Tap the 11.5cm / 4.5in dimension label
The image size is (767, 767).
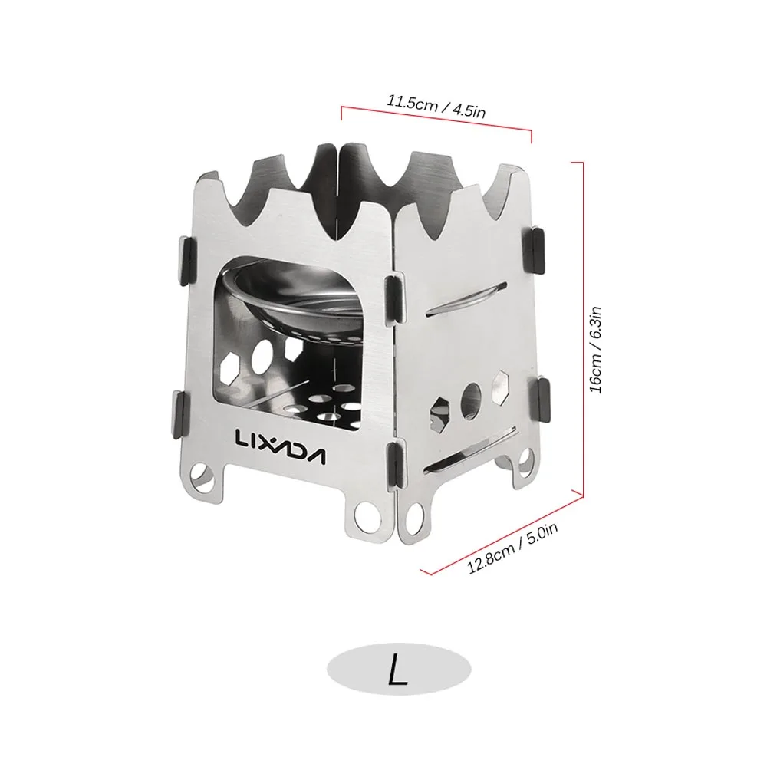(x=436, y=107)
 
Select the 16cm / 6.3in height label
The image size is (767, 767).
(x=595, y=349)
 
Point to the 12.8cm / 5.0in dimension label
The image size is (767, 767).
(x=512, y=548)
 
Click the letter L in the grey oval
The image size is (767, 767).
(x=398, y=669)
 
